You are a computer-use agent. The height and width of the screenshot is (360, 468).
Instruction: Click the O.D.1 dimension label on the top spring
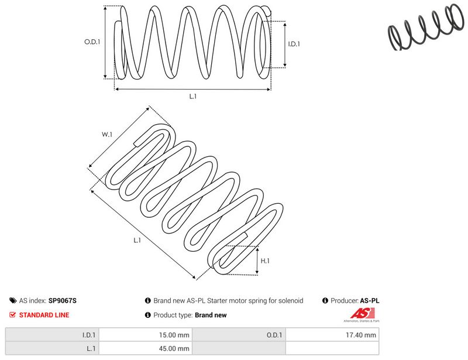92,42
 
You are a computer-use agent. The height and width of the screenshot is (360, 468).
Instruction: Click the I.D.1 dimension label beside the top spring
294,44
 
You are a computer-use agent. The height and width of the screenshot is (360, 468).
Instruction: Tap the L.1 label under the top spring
193,96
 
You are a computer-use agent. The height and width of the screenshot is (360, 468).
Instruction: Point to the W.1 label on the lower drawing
107,135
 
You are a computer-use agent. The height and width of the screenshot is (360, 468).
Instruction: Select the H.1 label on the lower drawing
265,261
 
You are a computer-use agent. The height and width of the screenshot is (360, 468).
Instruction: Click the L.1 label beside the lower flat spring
137,240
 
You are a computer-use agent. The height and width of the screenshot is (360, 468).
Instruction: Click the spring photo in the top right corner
426,28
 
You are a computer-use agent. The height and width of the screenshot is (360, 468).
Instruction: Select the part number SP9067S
63,300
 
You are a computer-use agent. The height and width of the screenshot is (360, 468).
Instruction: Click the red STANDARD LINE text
44,315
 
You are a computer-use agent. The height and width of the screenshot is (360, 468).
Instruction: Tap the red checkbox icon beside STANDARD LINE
12,314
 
